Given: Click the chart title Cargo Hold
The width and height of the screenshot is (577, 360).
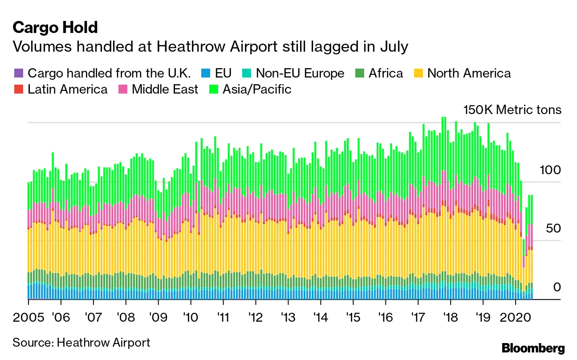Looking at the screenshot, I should pos(55,28).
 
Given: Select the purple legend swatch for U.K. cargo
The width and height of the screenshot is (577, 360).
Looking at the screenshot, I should pos(18,73).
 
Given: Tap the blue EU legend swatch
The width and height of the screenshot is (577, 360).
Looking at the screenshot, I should pos(206,73).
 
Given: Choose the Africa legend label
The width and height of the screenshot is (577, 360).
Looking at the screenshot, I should pos(386,73).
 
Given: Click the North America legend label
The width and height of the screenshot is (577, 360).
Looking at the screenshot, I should pos(469,73).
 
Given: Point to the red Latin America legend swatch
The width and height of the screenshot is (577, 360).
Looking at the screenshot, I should pos(18,89).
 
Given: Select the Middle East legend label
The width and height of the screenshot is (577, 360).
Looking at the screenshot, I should pos(165,89).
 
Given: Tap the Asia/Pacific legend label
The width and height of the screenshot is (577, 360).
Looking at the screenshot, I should pos(257,89).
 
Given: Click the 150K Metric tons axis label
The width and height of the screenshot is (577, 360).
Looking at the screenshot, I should pos(512,110).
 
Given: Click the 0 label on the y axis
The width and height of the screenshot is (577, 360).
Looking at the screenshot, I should pos(557,287).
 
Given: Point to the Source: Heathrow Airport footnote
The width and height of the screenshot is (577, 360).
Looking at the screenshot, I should pos(81,342).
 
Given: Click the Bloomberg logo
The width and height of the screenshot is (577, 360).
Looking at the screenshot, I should pos(533,348).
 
